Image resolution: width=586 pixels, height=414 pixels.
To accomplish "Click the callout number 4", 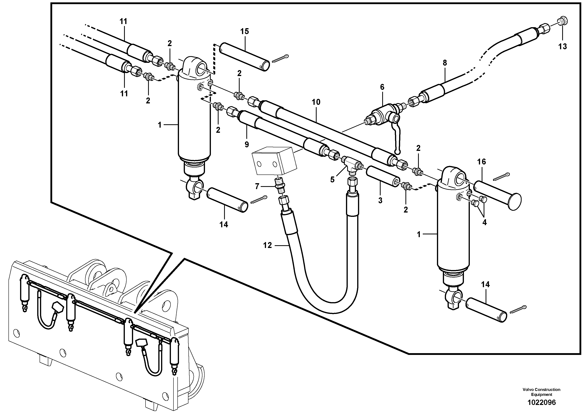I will [484, 222].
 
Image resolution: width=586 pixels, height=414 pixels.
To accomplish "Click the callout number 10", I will [316, 102].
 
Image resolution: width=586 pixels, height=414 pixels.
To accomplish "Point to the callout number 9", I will [247, 144].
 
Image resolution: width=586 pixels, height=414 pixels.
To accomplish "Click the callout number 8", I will [445, 63].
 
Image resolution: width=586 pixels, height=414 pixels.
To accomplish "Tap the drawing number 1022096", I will [541, 403].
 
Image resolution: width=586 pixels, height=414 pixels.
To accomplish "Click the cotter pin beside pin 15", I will [280, 58].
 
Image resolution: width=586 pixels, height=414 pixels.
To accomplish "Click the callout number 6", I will [382, 87].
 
